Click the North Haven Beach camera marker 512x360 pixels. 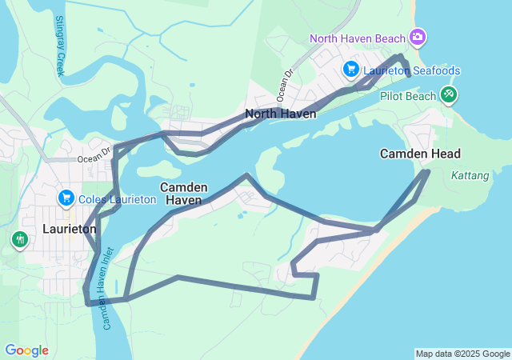click(x=417, y=38)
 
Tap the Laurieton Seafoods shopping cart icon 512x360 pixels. click(x=350, y=70)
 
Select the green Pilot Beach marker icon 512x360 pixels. click(x=449, y=95)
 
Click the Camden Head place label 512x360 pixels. click(x=420, y=153)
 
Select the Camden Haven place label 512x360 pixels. click(x=184, y=193)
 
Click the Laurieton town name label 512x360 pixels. click(x=70, y=229)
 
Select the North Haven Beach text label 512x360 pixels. click(x=358, y=38)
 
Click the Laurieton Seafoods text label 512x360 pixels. click(x=411, y=70)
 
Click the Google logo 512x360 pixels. click(x=26, y=350)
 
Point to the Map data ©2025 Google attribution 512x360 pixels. click(x=462, y=354)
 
